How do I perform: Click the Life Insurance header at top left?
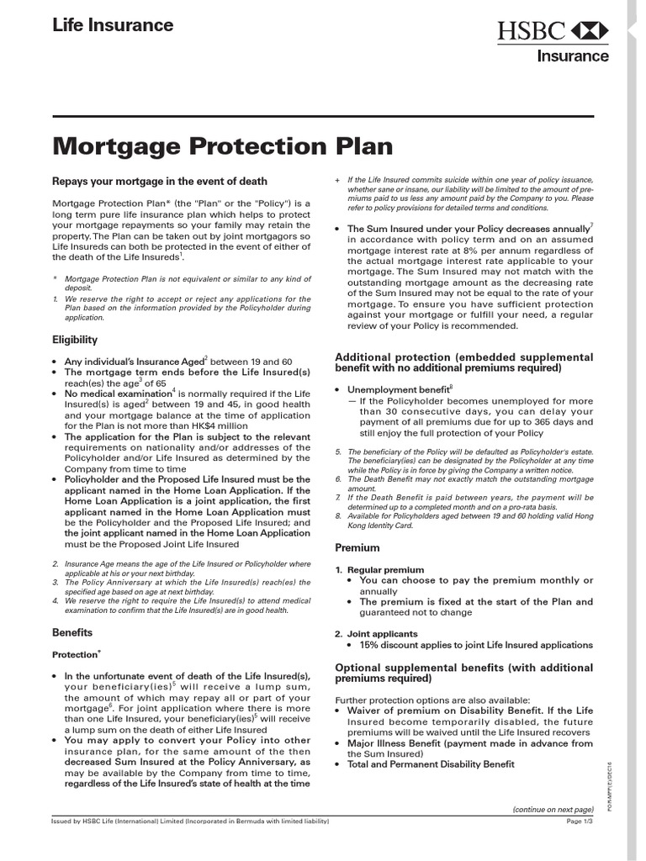[113, 25]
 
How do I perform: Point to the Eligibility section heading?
[75, 340]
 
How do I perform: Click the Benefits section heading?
[72, 631]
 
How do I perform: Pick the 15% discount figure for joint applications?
[371, 645]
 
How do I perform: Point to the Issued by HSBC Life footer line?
[190, 821]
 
